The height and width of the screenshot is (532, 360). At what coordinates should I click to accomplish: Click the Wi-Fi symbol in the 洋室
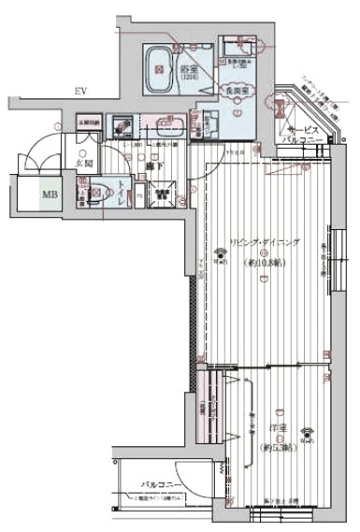(x=308, y=433)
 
